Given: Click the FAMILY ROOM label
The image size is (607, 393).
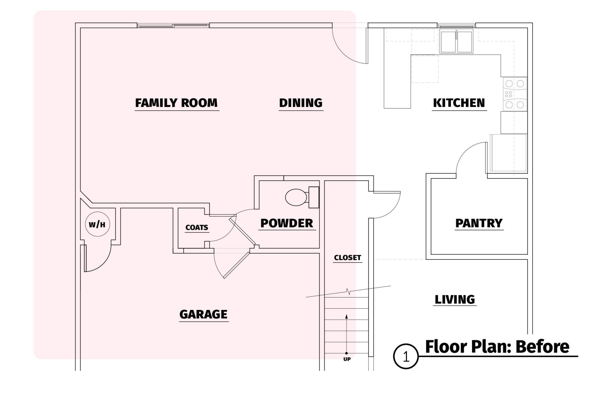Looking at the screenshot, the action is click(x=177, y=103).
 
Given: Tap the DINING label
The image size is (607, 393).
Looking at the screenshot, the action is click(x=301, y=103).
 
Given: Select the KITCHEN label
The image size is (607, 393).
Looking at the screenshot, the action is click(x=459, y=103).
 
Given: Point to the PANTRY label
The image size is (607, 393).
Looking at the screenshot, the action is click(x=479, y=223).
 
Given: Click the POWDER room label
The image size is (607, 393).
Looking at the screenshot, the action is click(x=287, y=223).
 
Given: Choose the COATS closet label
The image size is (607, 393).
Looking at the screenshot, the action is click(x=197, y=227).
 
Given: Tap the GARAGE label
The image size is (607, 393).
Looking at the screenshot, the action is click(x=203, y=314).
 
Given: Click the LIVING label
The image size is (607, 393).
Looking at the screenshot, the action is click(x=455, y=299).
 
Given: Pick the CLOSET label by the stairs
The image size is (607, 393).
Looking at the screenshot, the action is click(x=347, y=258).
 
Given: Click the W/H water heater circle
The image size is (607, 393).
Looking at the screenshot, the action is click(x=97, y=224).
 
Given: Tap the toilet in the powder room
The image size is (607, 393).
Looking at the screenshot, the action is click(x=302, y=197).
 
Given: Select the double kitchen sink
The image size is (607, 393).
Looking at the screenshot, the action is click(x=456, y=42).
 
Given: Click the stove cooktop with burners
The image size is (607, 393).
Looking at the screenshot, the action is click(x=514, y=94).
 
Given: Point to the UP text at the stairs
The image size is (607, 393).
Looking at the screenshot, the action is click(x=347, y=359).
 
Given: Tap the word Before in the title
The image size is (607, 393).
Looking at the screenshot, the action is click(x=542, y=347).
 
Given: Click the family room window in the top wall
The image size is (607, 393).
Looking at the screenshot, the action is click(x=173, y=25).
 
